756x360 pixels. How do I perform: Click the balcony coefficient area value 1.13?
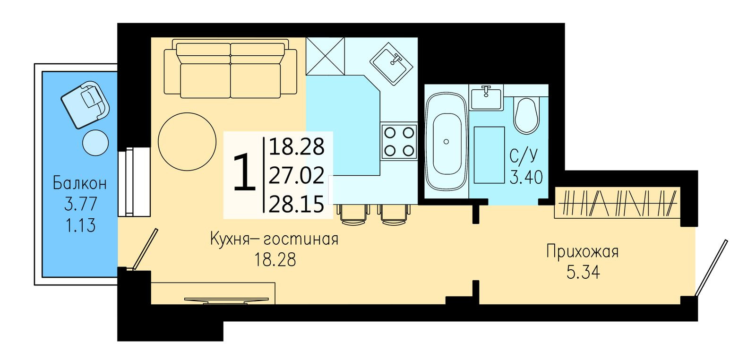pyautogui.click(x=80, y=225)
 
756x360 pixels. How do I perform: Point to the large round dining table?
pyautogui.click(x=185, y=140)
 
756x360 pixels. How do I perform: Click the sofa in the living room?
pyautogui.click(x=230, y=69)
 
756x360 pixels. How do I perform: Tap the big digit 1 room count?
pyautogui.click(x=245, y=174)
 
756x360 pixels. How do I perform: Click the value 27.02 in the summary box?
pyautogui.click(x=296, y=176)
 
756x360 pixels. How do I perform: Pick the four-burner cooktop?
pyautogui.click(x=399, y=141)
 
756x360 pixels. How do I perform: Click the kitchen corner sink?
pyautogui.click(x=393, y=63)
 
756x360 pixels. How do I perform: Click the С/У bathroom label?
pyautogui.click(x=524, y=155)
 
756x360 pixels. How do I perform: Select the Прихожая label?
pyautogui.click(x=582, y=251)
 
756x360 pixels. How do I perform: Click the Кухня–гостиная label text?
pyautogui.click(x=274, y=239)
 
